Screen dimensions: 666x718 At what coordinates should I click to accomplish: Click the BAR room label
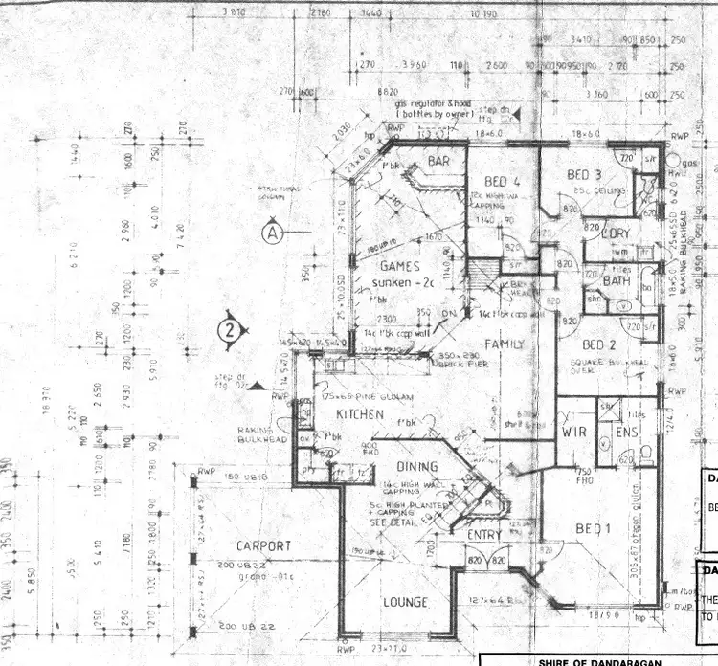click(x=439, y=162)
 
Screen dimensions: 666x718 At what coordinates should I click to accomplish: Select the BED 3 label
click(x=584, y=175)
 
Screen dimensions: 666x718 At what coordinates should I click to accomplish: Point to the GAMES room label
click(x=401, y=266)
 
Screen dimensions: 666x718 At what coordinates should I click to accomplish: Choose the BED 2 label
click(x=600, y=344)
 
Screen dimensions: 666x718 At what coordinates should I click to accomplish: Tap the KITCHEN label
click(x=360, y=414)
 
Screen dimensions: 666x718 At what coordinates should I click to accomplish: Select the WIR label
click(x=573, y=433)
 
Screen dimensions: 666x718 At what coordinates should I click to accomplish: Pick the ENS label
click(x=626, y=433)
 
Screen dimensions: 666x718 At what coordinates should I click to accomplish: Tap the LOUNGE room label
click(x=405, y=602)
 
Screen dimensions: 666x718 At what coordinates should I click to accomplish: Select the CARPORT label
click(x=263, y=545)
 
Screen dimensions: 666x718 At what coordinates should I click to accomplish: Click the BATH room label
click(x=617, y=281)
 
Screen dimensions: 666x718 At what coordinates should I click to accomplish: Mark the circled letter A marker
click(x=273, y=232)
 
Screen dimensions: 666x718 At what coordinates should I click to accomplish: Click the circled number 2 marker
click(x=228, y=331)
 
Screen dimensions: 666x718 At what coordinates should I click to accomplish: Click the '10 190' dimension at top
click(x=484, y=15)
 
